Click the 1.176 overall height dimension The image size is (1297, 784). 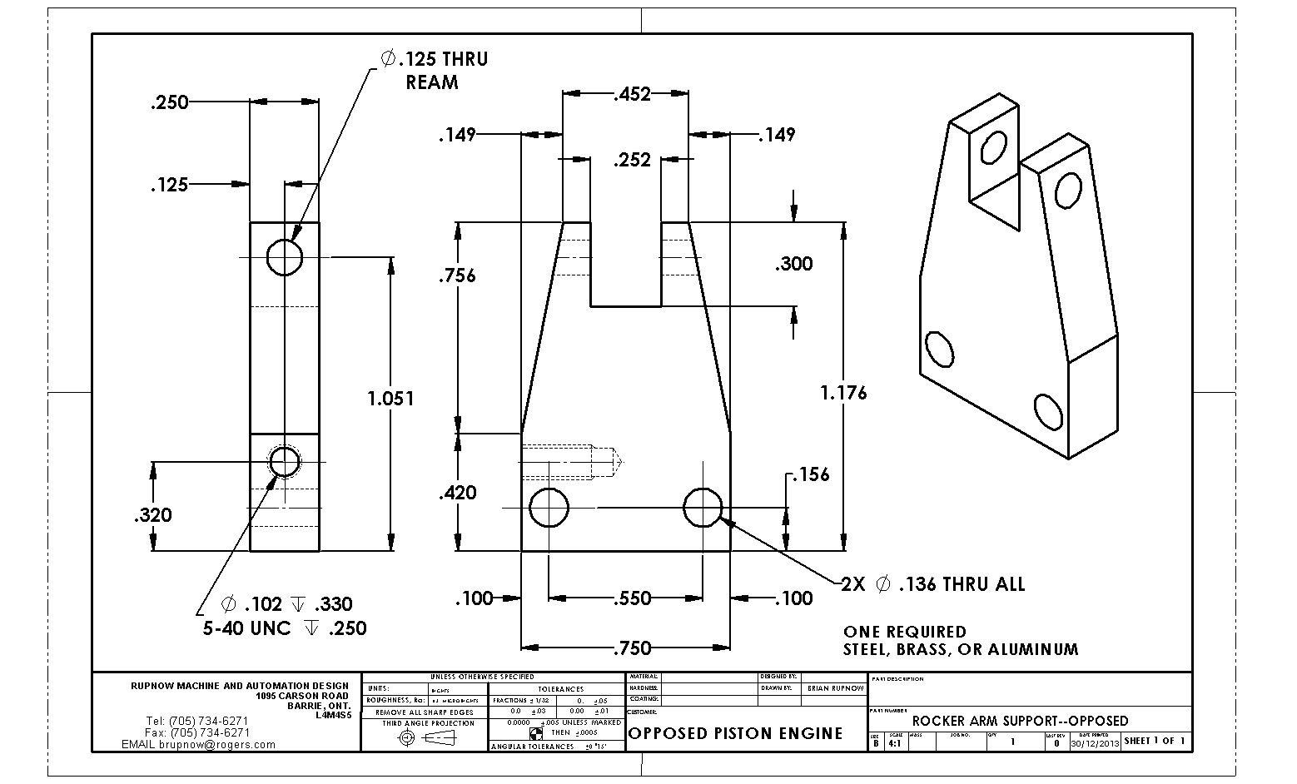(842, 392)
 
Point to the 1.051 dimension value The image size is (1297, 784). (390, 399)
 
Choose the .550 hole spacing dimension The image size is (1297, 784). (631, 598)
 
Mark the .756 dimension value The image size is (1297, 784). (458, 275)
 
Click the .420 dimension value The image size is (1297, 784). (458, 493)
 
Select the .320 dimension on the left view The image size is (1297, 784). (153, 515)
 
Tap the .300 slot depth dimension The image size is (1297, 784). (793, 265)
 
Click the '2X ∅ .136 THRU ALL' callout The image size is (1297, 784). (932, 584)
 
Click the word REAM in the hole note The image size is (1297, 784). (432, 82)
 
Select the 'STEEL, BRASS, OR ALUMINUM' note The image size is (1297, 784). (960, 649)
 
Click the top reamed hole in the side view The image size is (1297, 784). (285, 256)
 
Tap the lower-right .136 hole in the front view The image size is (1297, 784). (703, 507)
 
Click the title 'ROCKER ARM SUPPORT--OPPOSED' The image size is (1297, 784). (1020, 721)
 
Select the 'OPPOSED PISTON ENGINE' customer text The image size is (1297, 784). (735, 733)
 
